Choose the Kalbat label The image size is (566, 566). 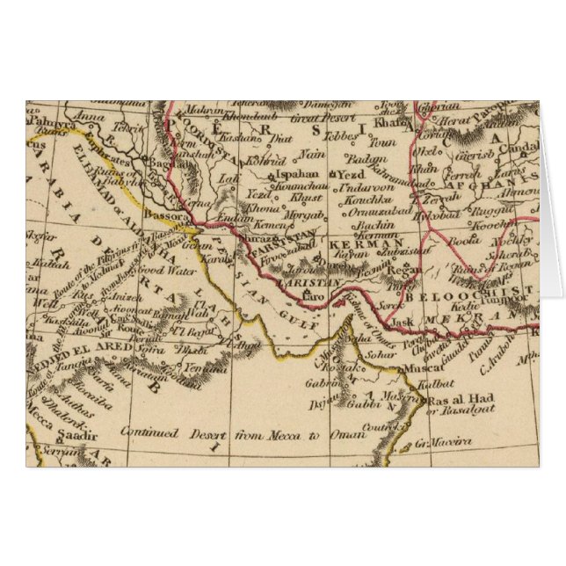coord(438,384)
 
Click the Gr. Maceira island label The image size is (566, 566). coord(444,442)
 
